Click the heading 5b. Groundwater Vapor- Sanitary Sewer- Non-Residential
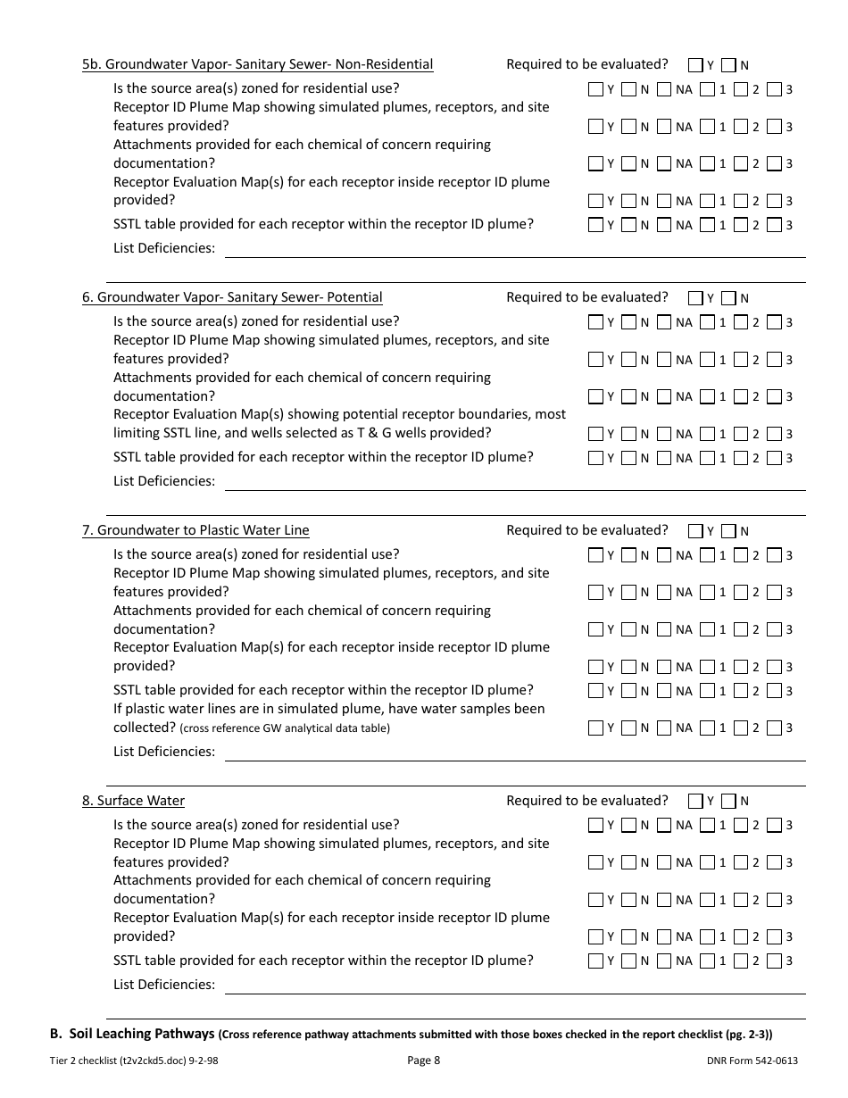click(257, 64)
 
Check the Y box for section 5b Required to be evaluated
click(695, 65)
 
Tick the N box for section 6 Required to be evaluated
click(728, 298)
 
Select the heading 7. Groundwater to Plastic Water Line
click(195, 530)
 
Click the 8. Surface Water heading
click(133, 801)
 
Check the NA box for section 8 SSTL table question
click(664, 961)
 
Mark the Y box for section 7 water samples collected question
click(595, 728)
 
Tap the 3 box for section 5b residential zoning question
click(774, 89)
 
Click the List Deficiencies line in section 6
click(514, 482)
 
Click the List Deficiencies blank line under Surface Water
click(514, 986)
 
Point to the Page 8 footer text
click(423, 1061)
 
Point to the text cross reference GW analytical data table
click(285, 728)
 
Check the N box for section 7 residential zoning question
click(628, 555)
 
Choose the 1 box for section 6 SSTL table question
click(707, 458)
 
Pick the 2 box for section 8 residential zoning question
click(740, 826)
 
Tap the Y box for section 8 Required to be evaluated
click(695, 802)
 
